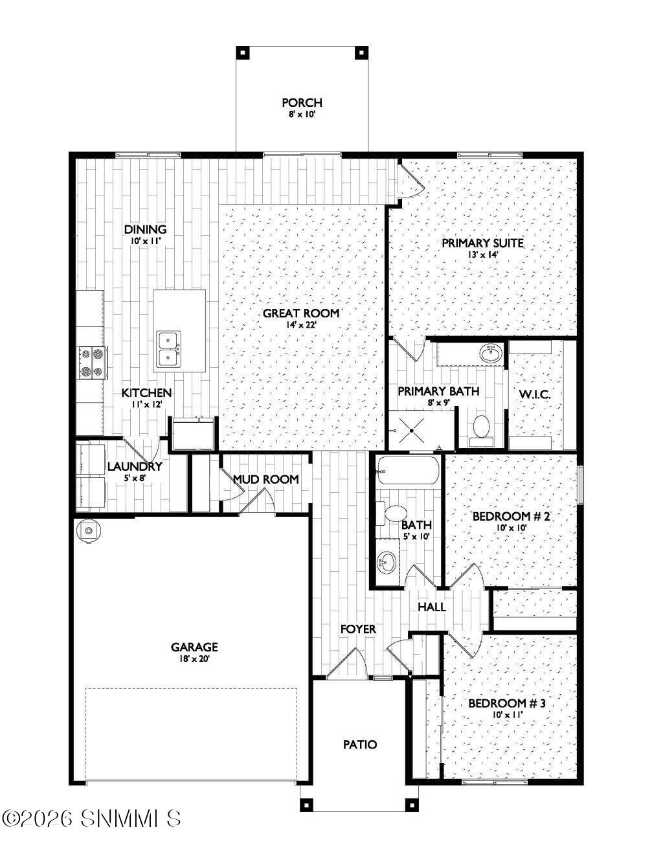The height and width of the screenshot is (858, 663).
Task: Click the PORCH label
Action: pos(302,103)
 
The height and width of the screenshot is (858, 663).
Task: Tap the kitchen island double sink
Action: pos(169,349)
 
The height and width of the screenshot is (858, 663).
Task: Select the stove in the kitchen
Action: pos(93,362)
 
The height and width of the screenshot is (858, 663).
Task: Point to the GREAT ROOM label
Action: pos(301,313)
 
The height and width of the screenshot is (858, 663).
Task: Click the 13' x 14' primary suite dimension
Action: pos(482,254)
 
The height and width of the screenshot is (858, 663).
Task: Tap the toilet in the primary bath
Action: pos(481,427)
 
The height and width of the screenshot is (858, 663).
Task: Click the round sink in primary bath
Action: pos(491,353)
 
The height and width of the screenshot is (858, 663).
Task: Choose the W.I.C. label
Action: pos(535,394)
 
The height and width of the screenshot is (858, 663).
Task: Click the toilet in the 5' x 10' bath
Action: pos(392,514)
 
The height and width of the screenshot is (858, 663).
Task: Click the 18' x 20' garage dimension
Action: pos(194,658)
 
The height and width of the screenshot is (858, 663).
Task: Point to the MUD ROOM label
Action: pos(266,479)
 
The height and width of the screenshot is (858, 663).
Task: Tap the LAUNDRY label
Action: pos(135,466)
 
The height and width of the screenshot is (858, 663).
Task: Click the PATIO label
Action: pos(360,745)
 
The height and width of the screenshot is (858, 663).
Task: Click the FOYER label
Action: pos(358,629)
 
